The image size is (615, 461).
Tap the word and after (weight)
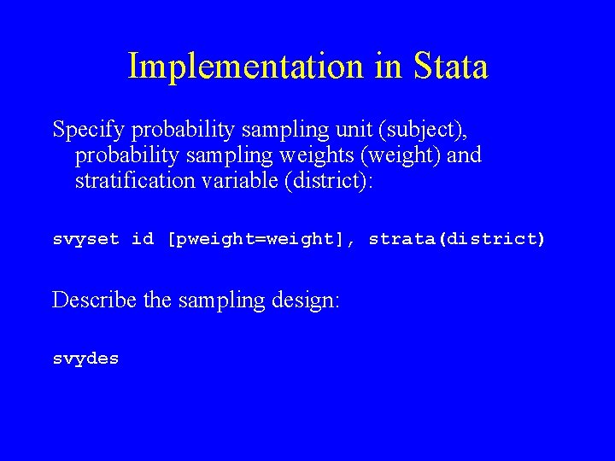(464, 155)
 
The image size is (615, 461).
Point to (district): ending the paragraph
(329, 181)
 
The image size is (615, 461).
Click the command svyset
(86, 239)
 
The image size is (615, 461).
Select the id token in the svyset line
(143, 239)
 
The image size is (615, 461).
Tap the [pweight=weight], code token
(262, 239)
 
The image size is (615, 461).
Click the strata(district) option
(456, 239)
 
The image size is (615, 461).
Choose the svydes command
(86, 359)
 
